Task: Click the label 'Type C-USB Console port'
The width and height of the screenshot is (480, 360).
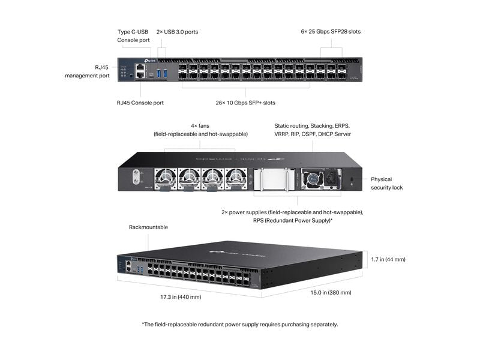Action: [x=133, y=35]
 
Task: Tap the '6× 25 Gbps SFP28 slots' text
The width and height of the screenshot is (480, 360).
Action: [x=331, y=31]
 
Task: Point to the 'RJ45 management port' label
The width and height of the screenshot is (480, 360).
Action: [x=87, y=72]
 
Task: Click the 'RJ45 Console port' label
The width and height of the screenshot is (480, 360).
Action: [x=140, y=103]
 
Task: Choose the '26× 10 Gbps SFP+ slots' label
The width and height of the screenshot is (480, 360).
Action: [x=245, y=103]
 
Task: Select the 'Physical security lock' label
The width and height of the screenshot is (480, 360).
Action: [x=386, y=183]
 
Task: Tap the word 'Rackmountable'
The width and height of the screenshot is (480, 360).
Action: [x=148, y=227]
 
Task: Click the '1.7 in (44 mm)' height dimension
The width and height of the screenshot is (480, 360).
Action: [x=388, y=259]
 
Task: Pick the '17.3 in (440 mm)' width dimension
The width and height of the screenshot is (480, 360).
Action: [x=181, y=296]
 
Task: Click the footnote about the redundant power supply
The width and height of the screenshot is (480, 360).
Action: [x=240, y=324]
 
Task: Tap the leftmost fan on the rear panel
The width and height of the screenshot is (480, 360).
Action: [x=165, y=177]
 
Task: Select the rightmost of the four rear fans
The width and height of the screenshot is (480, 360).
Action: [x=236, y=177]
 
